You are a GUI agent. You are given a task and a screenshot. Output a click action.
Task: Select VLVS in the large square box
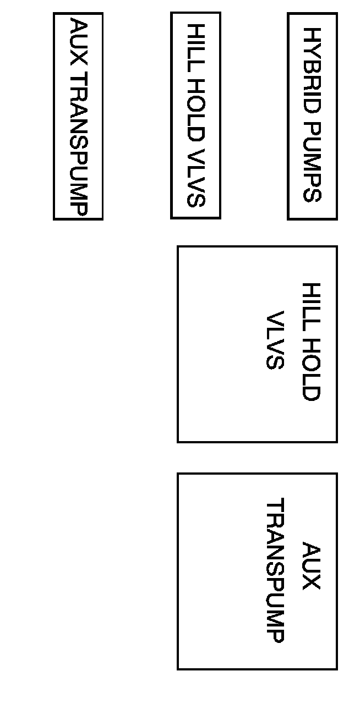275,341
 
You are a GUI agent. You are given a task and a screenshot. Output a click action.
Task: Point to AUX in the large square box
311,566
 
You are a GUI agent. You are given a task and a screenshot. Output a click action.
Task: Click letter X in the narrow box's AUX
79,58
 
